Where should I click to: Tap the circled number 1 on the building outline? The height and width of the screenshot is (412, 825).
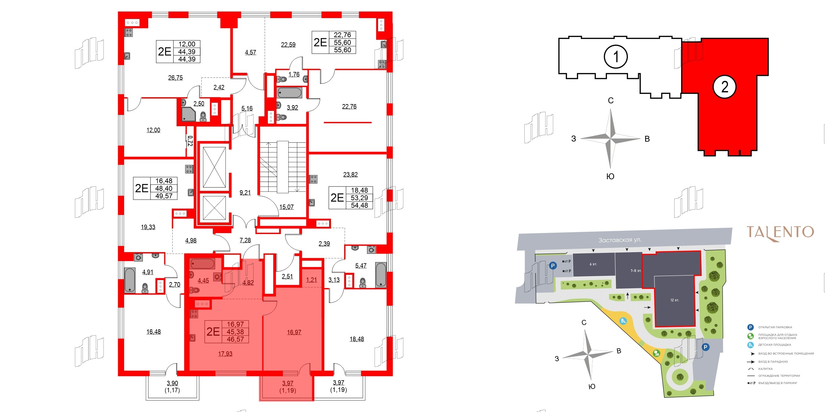pos(615,57)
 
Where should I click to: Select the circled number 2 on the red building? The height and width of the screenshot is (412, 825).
pos(724,87)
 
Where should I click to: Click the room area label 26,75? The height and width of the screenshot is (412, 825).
pos(175,78)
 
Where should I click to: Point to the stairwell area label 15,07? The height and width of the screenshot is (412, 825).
pos(286,207)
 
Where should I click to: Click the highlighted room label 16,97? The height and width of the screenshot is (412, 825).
pos(294,332)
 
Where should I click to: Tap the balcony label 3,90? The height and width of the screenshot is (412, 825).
pos(172,383)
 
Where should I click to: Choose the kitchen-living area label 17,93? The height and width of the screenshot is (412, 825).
pos(225,354)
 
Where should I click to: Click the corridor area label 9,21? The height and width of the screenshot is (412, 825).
pos(245,192)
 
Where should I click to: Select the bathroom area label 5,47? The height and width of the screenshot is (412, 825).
pos(361,265)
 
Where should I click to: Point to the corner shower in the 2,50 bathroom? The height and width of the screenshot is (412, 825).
pos(188,114)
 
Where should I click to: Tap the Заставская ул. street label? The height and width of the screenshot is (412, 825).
pos(620,240)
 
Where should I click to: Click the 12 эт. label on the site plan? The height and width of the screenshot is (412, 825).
pos(675,300)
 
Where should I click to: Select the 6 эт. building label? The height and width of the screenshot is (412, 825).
pos(593,264)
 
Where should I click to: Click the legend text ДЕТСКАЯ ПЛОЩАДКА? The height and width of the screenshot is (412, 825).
pos(775,345)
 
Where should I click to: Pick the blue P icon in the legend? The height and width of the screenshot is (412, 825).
pos(750,327)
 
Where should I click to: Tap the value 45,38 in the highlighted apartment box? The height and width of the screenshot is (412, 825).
pos(235,332)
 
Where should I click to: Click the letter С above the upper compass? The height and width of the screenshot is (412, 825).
pos(611,101)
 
